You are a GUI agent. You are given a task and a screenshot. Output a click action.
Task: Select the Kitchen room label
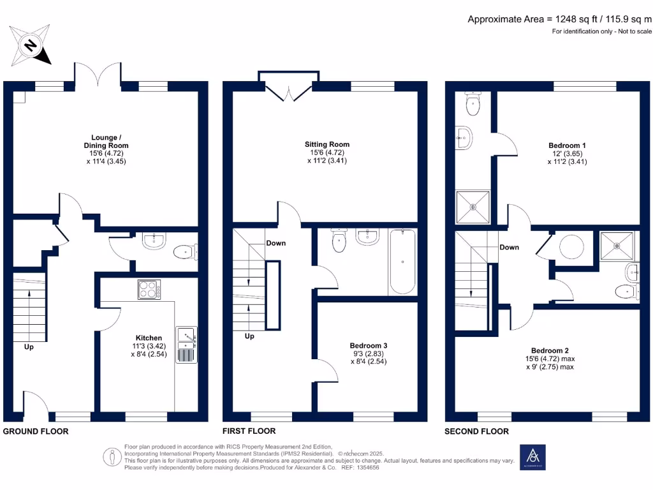(149, 346)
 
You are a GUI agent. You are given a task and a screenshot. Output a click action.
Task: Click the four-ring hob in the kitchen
(149, 290)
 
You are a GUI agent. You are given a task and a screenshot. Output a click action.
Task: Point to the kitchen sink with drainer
(186, 345)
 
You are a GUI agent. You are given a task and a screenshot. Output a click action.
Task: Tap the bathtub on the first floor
(402, 262)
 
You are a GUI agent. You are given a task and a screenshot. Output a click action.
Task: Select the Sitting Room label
(326, 152)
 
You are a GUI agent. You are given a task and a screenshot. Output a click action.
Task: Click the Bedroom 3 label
(368, 353)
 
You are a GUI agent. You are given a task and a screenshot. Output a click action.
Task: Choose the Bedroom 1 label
(567, 153)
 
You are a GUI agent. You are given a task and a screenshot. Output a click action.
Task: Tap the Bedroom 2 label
(550, 359)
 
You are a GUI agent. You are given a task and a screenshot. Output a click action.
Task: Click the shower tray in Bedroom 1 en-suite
(473, 207)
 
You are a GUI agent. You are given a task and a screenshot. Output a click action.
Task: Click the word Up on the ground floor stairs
(29, 348)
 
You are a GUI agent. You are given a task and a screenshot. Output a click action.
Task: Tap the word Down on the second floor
(509, 248)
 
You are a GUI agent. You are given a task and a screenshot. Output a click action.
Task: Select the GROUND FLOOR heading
(36, 431)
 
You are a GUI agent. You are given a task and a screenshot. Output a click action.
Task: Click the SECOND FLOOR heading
(476, 431)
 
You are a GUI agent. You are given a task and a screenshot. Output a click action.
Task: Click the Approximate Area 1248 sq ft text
(559, 19)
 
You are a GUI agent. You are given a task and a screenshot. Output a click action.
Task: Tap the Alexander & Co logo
(532, 456)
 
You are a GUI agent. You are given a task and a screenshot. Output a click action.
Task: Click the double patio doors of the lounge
(98, 75)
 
